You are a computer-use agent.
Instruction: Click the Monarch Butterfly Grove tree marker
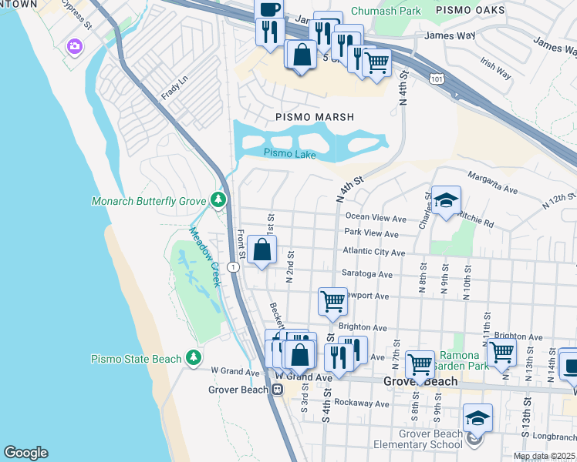click(218, 201)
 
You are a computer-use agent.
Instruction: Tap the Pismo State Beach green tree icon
click(193, 358)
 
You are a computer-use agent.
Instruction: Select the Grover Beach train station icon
click(275, 390)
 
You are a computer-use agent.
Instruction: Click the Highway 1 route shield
click(232, 265)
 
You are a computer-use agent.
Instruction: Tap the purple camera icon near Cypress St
click(74, 46)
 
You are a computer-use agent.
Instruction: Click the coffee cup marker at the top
click(269, 10)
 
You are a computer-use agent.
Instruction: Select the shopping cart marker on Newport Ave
click(332, 300)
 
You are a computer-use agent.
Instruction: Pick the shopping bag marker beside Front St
click(262, 249)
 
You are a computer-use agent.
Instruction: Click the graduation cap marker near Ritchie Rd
click(445, 200)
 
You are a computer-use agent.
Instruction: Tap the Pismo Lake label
click(289, 154)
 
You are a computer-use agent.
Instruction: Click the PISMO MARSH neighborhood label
click(315, 117)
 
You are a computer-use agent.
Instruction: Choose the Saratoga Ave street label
click(369, 274)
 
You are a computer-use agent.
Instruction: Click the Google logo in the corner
click(25, 453)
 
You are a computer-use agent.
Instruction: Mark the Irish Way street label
click(494, 70)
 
